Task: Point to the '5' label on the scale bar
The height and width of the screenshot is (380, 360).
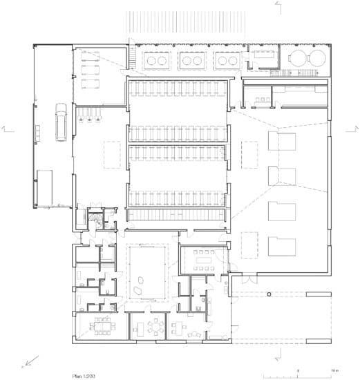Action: (298, 370)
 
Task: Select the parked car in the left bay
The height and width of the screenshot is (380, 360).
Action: (61, 122)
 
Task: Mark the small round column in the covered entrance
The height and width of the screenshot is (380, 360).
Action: (269, 294)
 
